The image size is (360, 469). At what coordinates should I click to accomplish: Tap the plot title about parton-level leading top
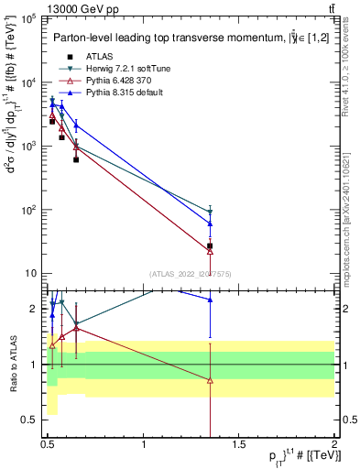174,38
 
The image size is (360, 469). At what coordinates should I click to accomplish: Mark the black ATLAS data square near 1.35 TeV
211,245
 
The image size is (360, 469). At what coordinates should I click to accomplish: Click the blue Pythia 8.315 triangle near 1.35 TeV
211,223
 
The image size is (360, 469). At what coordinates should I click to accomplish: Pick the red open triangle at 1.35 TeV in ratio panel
211,380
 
